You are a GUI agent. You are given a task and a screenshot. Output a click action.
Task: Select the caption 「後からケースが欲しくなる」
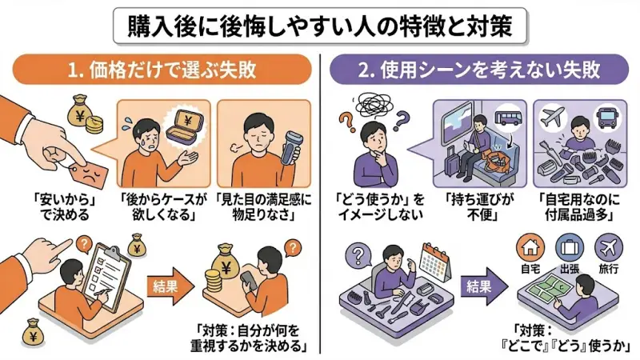pos(163,206)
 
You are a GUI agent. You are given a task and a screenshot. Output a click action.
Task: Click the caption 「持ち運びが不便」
pos(478,206)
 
